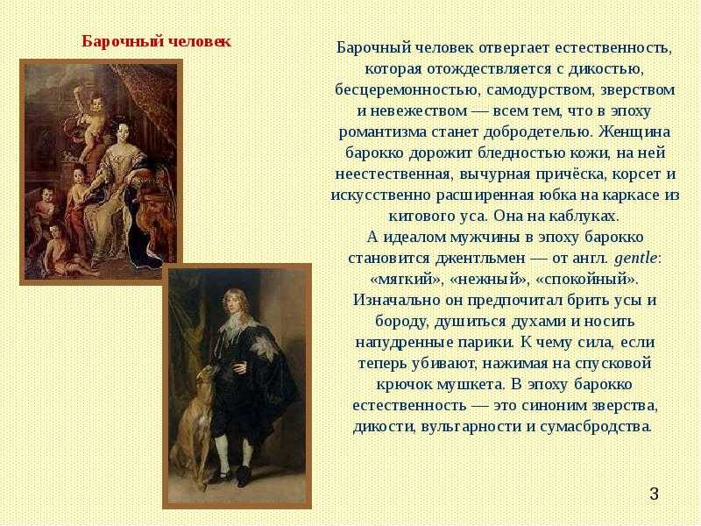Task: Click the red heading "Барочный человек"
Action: (157, 41)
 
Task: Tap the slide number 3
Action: (654, 494)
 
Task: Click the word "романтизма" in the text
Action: (383, 132)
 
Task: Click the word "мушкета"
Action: (471, 385)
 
